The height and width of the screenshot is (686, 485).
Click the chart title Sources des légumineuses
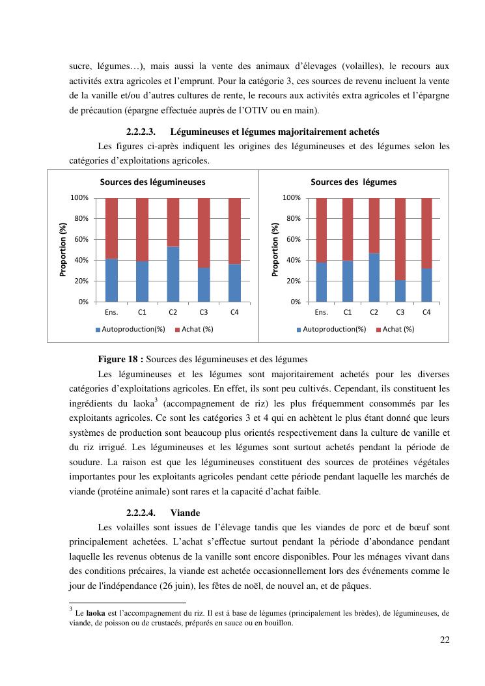(152, 182)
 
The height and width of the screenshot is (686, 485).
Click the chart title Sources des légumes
(353, 182)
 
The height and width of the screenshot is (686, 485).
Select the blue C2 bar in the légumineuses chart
(173, 274)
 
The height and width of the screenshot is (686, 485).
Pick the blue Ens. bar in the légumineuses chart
(111, 280)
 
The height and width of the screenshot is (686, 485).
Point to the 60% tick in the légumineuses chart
(80, 240)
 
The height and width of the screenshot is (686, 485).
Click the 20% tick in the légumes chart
(292, 281)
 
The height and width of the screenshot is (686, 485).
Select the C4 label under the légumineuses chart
(234, 312)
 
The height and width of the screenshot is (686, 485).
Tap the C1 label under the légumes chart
(348, 312)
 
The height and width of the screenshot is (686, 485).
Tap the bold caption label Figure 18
(120, 359)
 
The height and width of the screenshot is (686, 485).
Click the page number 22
(445, 639)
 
